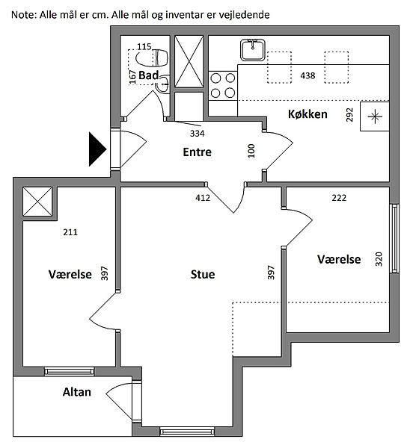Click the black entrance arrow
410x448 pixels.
pos(97,149)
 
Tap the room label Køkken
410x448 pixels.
pos(307,114)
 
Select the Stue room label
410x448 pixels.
pos(203,274)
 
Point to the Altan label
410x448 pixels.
pos(77,392)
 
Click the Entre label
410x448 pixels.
pos(197,152)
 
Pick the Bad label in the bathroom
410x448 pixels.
pos(148,75)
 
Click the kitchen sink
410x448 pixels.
pos(253,50)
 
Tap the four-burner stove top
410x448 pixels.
pos(223,85)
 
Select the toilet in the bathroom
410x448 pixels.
pos(151,58)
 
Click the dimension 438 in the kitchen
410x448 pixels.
pos(307,75)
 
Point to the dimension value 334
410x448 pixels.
pos(198,134)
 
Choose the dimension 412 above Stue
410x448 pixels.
pos(203,198)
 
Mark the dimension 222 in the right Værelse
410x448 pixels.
pos(339,198)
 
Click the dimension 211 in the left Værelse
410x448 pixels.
pos(70,232)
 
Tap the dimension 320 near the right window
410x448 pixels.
pos(379,259)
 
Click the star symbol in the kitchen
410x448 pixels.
pos(375,116)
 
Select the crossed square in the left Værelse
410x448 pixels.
pos(37,202)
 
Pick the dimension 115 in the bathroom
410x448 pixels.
pos(144,46)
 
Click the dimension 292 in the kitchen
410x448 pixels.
pos(349,115)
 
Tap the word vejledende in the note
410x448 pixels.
pos(244,15)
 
